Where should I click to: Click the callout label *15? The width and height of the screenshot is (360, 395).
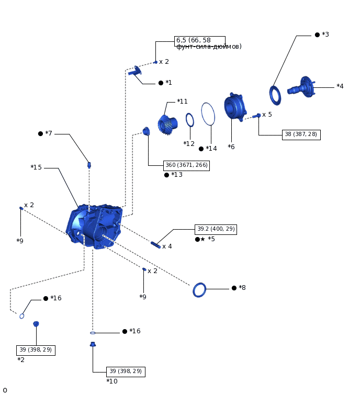36,167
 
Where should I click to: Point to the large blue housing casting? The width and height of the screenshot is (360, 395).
94,226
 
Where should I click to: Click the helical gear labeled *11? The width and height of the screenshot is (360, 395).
167,125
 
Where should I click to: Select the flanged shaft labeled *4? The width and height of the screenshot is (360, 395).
301,87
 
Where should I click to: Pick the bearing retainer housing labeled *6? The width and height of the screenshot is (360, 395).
234,107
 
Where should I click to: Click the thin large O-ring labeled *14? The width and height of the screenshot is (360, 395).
208,114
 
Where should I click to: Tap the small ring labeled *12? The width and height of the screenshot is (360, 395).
190,120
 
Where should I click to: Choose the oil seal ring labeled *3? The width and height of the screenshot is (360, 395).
275,95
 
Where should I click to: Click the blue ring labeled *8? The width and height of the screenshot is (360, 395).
199,290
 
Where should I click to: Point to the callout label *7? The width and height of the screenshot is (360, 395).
49,133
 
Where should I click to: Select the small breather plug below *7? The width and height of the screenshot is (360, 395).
89,165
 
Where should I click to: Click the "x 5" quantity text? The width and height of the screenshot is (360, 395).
267,115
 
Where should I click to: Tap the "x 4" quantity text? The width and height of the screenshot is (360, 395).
167,246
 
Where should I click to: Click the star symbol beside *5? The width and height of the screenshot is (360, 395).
203,239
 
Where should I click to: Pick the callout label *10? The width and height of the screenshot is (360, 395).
112,381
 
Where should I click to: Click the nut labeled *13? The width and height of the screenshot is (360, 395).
146,131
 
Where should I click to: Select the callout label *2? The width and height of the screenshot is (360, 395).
21,360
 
